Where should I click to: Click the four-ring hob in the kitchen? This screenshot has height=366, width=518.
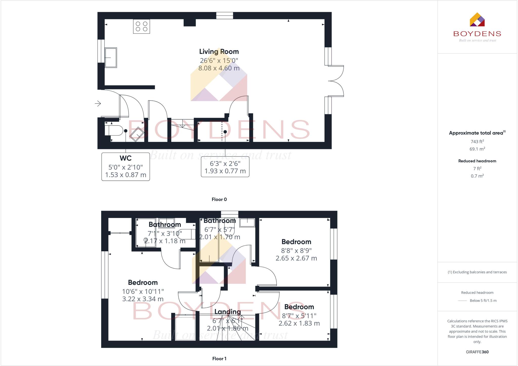[141, 26]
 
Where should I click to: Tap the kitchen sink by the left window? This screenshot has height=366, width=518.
[111, 57]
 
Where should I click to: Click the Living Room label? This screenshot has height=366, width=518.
[219, 52]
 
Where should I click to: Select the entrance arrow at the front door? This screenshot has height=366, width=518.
[98, 104]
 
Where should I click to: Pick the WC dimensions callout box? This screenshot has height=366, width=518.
[125, 167]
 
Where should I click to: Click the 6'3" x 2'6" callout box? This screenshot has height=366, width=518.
[225, 167]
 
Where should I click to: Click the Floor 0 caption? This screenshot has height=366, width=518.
[219, 199]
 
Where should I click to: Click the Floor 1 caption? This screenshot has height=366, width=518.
[219, 359]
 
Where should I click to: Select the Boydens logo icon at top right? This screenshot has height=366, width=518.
[477, 20]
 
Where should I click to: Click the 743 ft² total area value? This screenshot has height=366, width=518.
[477, 141]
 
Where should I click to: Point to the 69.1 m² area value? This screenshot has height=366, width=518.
[477, 149]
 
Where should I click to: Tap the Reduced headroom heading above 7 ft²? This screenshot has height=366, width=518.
[477, 161]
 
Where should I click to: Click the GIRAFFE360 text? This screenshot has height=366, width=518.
[477, 352]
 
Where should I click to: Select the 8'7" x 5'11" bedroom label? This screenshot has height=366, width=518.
[299, 315]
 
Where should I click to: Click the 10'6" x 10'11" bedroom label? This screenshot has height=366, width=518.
[143, 291]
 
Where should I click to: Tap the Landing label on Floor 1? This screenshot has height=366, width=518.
[227, 312]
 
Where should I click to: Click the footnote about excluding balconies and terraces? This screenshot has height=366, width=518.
[477, 272]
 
